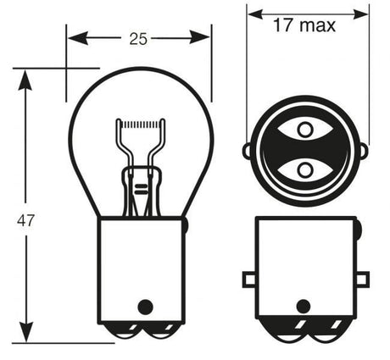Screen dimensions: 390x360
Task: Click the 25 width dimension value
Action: [x=138, y=39]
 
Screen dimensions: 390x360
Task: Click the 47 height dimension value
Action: [x=25, y=220]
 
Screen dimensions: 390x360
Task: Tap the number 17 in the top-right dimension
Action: [x=283, y=25]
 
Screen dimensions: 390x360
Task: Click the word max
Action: [x=317, y=26]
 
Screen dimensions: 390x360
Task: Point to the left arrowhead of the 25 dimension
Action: [x=78, y=38]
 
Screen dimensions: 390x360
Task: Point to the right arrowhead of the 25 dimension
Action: [x=200, y=37]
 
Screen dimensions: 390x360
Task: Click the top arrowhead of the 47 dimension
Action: [x=25, y=80]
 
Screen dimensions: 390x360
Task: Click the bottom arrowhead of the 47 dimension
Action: [x=26, y=332]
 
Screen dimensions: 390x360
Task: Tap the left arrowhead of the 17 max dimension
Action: [x=255, y=14]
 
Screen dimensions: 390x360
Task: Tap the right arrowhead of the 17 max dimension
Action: [x=361, y=14]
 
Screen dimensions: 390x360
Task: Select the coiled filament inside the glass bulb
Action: [x=140, y=125]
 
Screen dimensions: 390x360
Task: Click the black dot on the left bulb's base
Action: [x=145, y=307]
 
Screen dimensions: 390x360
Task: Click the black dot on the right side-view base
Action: [x=304, y=307]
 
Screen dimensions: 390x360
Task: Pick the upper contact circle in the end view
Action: [x=305, y=130]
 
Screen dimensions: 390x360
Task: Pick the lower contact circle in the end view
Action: [x=305, y=170]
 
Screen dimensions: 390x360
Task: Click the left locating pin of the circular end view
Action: [x=247, y=151]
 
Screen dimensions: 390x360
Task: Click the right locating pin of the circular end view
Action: [x=364, y=151]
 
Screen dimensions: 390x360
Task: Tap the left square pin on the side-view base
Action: [x=249, y=280]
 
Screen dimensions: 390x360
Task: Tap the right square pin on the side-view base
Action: [x=363, y=280]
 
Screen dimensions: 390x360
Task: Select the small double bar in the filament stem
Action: [x=141, y=189]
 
